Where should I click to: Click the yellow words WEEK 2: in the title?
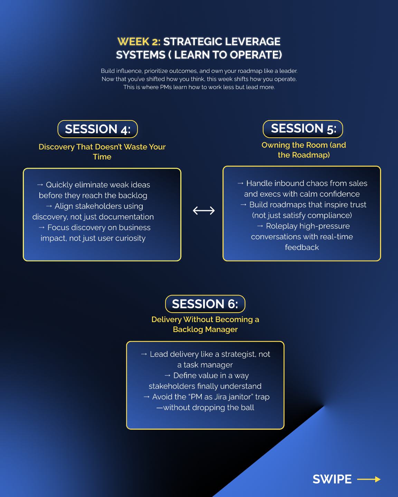[139, 42]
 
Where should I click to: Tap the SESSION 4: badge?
[98, 129]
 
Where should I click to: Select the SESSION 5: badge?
[303, 129]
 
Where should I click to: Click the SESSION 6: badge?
[205, 304]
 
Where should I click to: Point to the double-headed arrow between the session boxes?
[204, 211]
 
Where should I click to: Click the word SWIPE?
[332, 479]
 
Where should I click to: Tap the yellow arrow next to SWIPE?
[369, 479]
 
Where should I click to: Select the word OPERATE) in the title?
[256, 55]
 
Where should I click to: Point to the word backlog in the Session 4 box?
[133, 196]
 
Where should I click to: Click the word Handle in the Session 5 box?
[258, 184]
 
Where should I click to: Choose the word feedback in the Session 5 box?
[302, 247]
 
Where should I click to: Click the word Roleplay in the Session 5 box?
[282, 226]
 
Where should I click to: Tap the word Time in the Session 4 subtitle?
[102, 157]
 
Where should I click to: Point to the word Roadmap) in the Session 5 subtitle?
[311, 155]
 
